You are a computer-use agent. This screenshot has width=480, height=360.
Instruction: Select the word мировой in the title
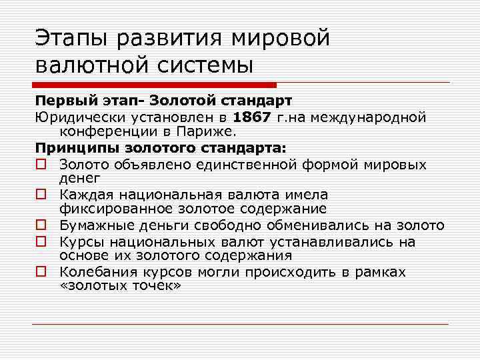[280, 38]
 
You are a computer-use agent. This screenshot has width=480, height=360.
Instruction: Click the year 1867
[253, 117]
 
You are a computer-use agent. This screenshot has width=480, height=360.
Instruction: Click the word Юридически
[71, 117]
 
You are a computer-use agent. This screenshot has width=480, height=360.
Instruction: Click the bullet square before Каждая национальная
[41, 195]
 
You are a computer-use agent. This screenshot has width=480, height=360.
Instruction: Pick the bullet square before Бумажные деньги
[41, 226]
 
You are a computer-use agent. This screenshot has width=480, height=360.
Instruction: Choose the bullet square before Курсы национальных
[41, 241]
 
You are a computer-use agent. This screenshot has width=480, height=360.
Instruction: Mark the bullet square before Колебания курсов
[41, 272]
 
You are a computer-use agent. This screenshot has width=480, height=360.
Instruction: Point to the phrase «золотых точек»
[121, 285]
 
